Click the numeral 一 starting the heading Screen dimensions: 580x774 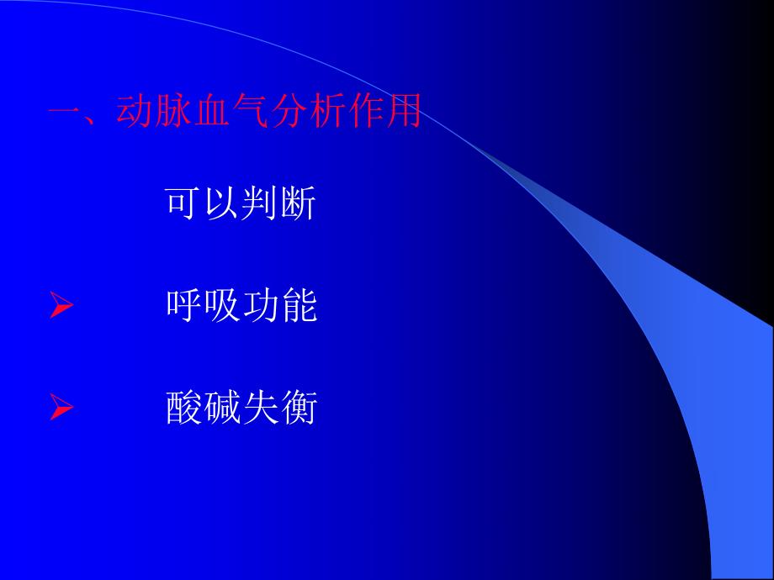64,112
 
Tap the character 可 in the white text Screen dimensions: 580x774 184,204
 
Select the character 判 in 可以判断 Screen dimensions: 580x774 261,204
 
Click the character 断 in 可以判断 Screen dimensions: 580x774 299,204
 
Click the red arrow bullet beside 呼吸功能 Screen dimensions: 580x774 61,308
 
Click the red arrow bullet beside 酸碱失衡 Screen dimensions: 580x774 61,409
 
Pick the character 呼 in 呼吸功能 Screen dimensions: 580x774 184,307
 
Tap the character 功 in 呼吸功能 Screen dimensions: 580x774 261,307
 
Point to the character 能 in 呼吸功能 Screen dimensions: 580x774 299,307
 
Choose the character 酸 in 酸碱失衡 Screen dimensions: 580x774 184,409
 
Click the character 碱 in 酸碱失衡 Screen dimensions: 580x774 223,409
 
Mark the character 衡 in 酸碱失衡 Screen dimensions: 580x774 299,409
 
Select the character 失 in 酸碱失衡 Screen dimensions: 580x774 261,409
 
